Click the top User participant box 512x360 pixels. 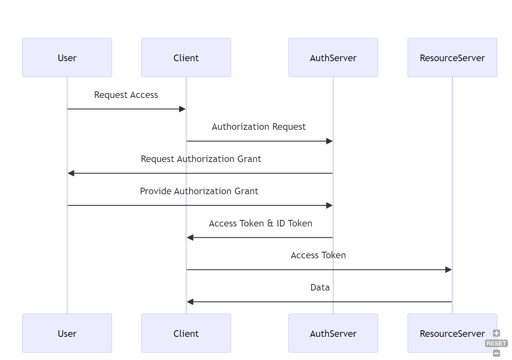(x=67, y=58)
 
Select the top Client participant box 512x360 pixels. (x=186, y=58)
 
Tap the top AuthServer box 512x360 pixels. (x=333, y=58)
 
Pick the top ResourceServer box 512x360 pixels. (x=452, y=58)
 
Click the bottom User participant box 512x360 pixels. (x=67, y=333)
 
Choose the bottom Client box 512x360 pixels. (x=186, y=333)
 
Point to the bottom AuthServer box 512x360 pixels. (x=333, y=333)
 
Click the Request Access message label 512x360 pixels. (x=126, y=95)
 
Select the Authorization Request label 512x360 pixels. (x=259, y=127)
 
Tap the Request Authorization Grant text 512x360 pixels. (x=201, y=159)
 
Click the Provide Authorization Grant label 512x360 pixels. (x=199, y=191)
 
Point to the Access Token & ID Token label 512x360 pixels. (x=261, y=224)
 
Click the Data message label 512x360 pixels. (x=320, y=288)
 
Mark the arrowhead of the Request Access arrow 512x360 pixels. (x=182, y=109)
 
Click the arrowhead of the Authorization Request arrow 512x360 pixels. (x=330, y=141)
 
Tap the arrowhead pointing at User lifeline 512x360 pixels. (x=71, y=173)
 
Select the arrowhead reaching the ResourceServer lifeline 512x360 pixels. (x=448, y=270)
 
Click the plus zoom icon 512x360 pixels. (x=497, y=333)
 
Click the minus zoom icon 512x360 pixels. (x=497, y=353)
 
